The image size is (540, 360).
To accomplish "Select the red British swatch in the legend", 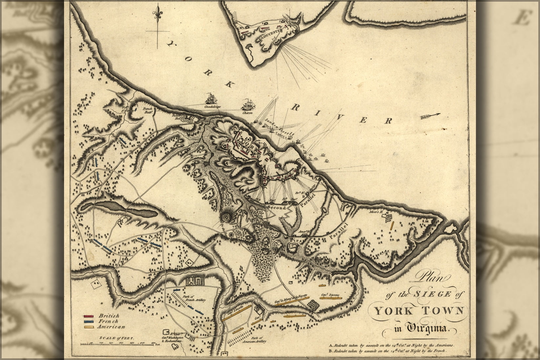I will tap(89, 316).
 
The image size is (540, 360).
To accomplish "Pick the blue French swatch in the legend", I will tap(89, 321).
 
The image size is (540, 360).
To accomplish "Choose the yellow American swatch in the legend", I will tap(89, 327).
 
